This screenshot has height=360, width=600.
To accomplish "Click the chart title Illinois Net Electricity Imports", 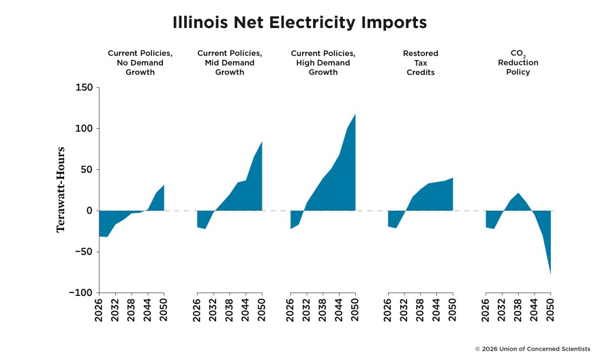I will (299, 22).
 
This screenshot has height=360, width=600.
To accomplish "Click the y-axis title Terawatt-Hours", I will (61, 189).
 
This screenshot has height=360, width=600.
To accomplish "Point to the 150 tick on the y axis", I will (84, 87).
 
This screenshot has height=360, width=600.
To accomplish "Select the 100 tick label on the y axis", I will (84, 128).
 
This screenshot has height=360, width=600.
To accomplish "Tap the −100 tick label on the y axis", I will (80, 292).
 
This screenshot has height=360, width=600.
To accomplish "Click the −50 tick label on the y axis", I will (82, 252).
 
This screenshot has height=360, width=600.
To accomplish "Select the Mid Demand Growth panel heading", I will (230, 62).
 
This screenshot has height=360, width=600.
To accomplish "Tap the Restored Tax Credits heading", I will (421, 62).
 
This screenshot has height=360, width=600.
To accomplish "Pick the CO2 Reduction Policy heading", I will (518, 62).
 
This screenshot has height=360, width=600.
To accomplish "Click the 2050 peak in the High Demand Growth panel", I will (355, 114).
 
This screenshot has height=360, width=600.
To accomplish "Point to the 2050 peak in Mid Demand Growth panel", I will (262, 142).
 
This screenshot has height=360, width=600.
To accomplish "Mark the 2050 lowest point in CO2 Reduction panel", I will (550, 274).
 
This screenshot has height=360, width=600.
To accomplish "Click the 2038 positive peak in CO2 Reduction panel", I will (518, 193).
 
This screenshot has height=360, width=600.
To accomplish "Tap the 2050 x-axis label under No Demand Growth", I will (164, 311).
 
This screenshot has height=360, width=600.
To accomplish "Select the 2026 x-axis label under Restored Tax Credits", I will (388, 311).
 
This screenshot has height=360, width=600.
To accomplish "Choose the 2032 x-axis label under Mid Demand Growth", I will (213, 311).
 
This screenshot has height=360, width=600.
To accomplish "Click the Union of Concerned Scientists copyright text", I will (533, 348).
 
